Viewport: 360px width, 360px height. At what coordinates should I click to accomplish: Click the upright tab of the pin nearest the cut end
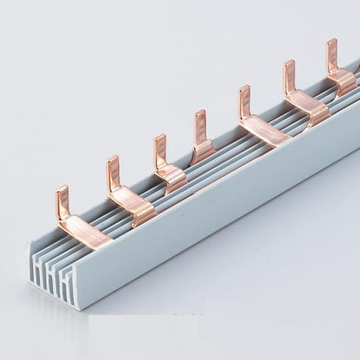click(x=62, y=201)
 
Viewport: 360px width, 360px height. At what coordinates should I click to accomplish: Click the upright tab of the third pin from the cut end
click(x=160, y=150)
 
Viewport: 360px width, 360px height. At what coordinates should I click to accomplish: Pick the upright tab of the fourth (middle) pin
click(x=200, y=126)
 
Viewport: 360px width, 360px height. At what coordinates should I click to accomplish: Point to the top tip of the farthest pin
click(x=331, y=41)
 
